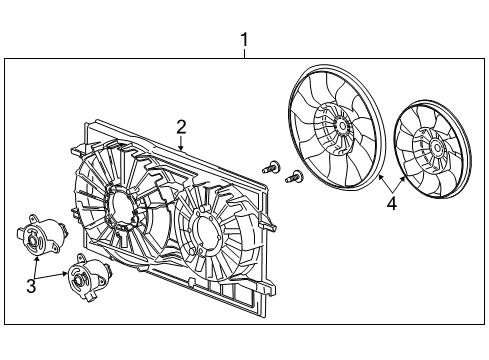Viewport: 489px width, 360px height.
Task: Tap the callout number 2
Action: [182, 126]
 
